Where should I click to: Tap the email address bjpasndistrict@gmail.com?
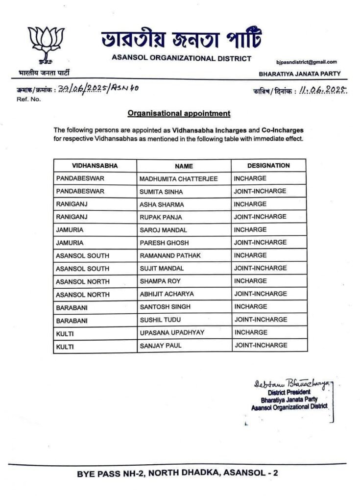pyautogui.click(x=307, y=62)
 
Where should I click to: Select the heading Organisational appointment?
pyautogui.click(x=179, y=113)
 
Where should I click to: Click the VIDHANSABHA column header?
pyautogui.click(x=95, y=166)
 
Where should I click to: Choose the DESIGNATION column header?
pyautogui.click(x=268, y=166)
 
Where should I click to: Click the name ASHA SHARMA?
pyautogui.click(x=156, y=204)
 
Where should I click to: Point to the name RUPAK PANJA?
pyautogui.click(x=157, y=217)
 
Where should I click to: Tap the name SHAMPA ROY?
pyautogui.click(x=155, y=281)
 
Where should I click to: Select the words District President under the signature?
pyautogui.click(x=289, y=393)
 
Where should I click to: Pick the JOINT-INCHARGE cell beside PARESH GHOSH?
pyautogui.click(x=260, y=243)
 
